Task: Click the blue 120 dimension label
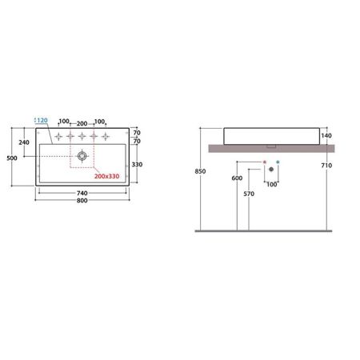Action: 42,120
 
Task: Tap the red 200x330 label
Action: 106,176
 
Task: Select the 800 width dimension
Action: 82,201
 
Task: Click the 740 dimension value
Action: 82,193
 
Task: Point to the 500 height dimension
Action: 12,158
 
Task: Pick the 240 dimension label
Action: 24,142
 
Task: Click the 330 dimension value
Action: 137,165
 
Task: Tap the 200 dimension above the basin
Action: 82,124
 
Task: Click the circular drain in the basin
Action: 82,156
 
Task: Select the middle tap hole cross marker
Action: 82,136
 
